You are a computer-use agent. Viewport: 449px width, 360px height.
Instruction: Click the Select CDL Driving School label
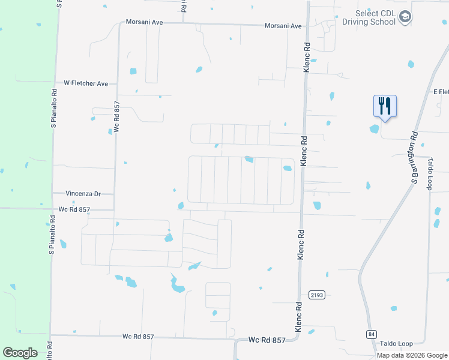tap(369, 17)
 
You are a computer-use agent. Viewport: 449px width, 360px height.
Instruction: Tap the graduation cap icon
tap(406, 17)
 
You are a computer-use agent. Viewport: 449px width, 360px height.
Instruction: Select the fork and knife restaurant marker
tap(385, 106)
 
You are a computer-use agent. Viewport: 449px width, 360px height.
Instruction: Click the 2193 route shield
tap(317, 295)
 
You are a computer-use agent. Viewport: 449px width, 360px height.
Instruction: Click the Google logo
tap(20, 353)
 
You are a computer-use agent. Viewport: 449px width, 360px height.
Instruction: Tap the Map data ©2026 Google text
tap(412, 355)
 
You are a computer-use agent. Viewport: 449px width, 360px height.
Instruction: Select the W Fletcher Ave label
tap(86, 83)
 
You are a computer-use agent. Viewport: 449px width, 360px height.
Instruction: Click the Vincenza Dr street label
tap(83, 194)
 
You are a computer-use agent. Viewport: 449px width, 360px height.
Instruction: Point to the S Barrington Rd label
tap(414, 157)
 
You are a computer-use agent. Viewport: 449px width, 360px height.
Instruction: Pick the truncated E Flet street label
tap(441, 92)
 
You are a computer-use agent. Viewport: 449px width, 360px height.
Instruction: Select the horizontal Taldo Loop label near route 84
tap(396, 343)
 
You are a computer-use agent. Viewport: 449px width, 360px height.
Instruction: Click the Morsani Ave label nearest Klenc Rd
tap(283, 26)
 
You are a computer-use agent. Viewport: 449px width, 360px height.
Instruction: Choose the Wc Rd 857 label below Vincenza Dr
tap(74, 209)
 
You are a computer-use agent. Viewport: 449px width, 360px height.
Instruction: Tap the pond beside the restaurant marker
tap(375, 128)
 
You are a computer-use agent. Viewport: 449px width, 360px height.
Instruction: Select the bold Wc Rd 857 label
tap(267, 340)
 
